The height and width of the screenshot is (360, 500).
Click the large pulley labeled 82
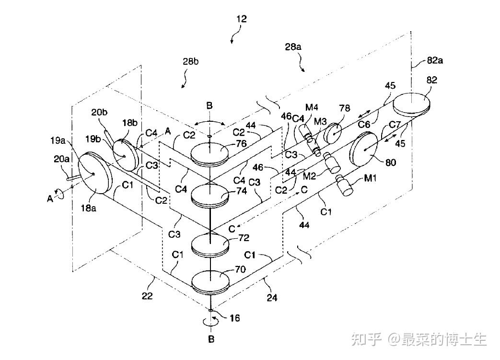coord(412,102)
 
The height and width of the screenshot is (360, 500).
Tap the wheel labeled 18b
coord(124,155)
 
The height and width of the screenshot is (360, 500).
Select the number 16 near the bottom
coord(234,317)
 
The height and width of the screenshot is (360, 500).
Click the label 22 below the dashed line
coord(147,296)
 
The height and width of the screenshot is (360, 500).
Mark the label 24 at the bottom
coord(271,298)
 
